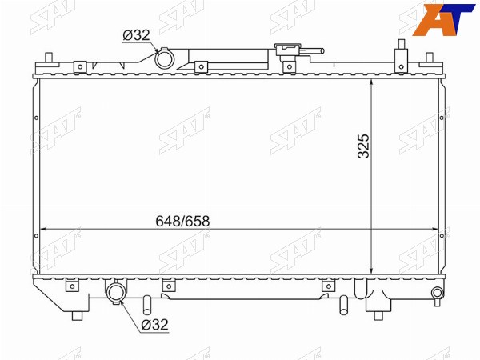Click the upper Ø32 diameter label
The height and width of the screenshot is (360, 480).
pyautogui.click(x=136, y=35)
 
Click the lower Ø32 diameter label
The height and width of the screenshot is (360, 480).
pyautogui.click(x=155, y=324)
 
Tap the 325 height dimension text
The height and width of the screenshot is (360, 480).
pyautogui.click(x=364, y=146)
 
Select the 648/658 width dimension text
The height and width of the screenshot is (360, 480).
pyautogui.click(x=182, y=221)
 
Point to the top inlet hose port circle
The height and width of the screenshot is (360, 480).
pyautogui.click(x=164, y=59)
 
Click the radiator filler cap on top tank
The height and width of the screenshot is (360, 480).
pyautogui.click(x=288, y=50)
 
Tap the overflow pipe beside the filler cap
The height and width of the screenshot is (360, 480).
pyautogui.click(x=312, y=51)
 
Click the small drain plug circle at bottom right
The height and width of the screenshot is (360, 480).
pyautogui.click(x=437, y=293)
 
